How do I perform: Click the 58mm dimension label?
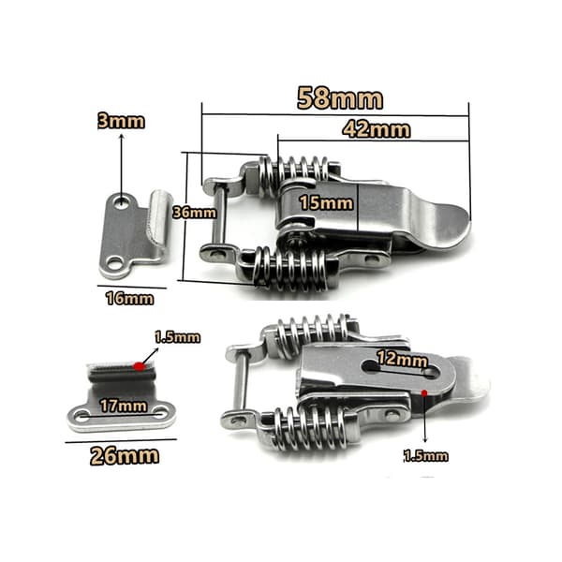pyautogui.click(x=340, y=98)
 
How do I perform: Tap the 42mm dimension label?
pyautogui.click(x=377, y=129)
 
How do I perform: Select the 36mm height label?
pyautogui.click(x=195, y=213)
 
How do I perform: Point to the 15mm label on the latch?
pyautogui.click(x=326, y=203)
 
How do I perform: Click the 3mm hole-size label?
pyautogui.click(x=121, y=122)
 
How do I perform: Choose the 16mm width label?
pyautogui.click(x=130, y=299)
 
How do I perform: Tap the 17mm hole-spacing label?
pyautogui.click(x=124, y=407)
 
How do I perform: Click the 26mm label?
pyautogui.click(x=125, y=456)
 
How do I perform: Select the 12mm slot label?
pyautogui.click(x=402, y=359)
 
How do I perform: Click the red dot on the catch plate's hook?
pyautogui.click(x=139, y=366)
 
